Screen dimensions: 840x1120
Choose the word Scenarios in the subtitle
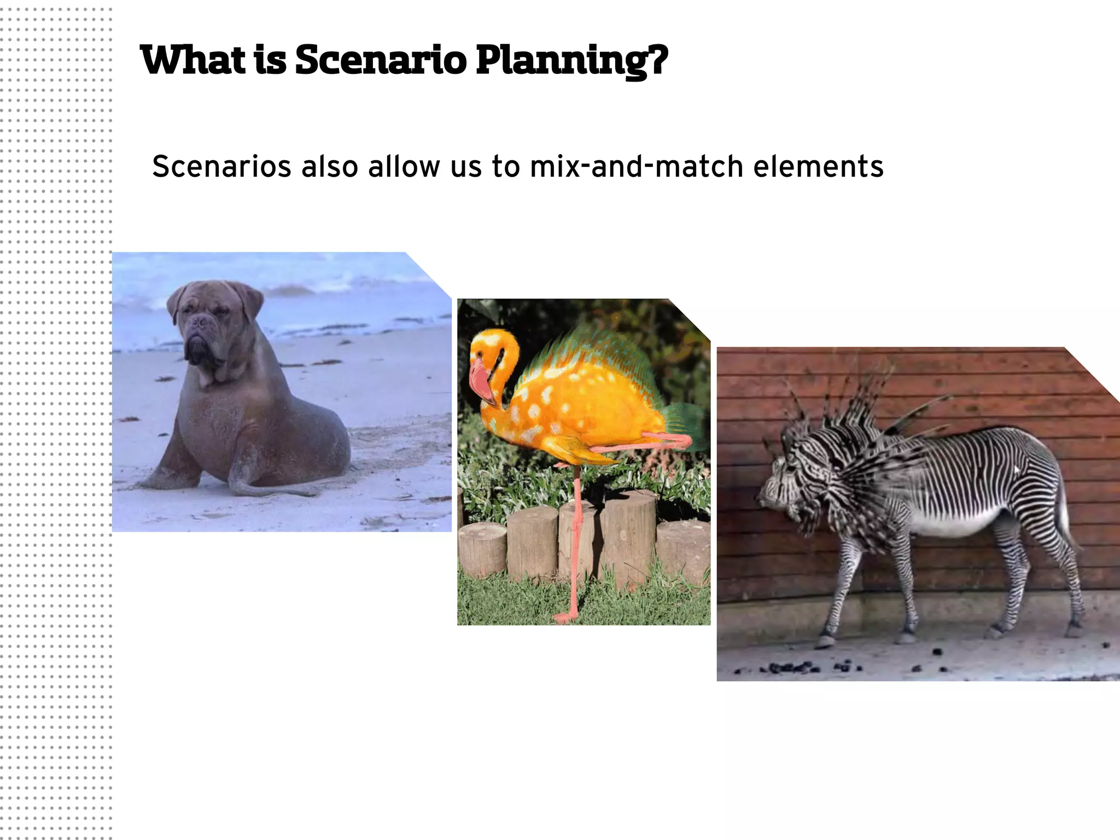(x=221, y=167)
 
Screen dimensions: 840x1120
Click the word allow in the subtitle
(x=404, y=167)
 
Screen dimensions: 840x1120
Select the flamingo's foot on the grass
(x=563, y=618)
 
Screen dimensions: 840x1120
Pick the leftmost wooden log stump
(x=482, y=550)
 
